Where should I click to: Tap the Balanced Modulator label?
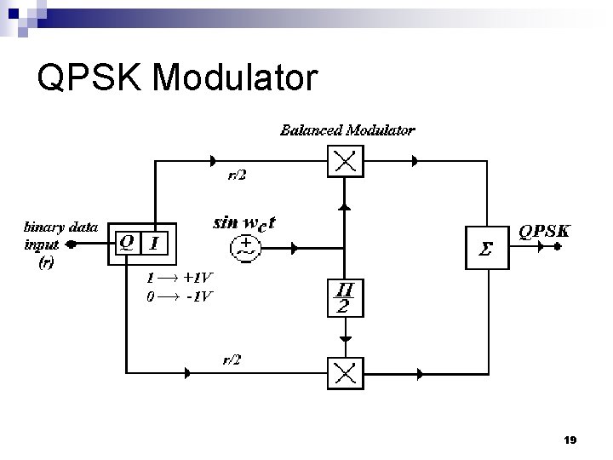coord(347,130)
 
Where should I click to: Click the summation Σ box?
coord(486,248)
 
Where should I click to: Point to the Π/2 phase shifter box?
coord(343,296)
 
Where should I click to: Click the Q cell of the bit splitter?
coord(126,244)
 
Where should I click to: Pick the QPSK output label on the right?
coord(545,231)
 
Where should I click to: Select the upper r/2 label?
coord(236,175)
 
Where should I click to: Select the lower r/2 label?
coord(232,359)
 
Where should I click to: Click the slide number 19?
coord(570,440)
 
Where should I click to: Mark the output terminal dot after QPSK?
coord(559,248)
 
